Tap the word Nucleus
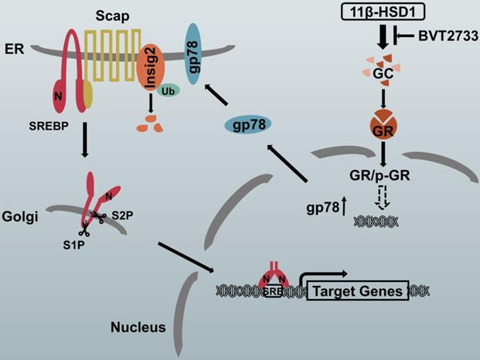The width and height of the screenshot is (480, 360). click(x=137, y=328)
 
